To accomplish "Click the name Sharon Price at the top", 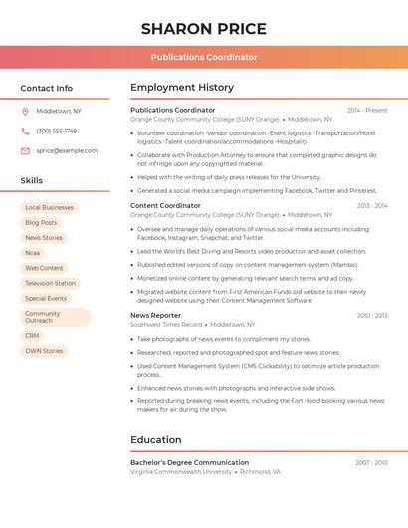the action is [x=203, y=28].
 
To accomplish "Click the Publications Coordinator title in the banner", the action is [x=203, y=57].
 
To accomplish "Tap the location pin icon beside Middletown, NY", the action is [x=25, y=111].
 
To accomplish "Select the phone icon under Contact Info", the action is [x=25, y=131].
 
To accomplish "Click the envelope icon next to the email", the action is [x=25, y=150].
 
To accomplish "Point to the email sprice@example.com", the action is [x=67, y=150].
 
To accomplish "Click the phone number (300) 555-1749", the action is [x=57, y=131].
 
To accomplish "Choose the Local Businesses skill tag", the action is [x=49, y=208].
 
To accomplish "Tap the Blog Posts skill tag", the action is [x=41, y=223].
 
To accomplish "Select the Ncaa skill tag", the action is [x=33, y=253].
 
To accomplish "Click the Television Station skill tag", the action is [x=50, y=283].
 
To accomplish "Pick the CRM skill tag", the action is [x=33, y=336].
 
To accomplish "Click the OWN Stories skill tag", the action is [x=44, y=351].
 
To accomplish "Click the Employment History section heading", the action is [x=182, y=88].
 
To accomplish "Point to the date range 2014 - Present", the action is [x=367, y=111].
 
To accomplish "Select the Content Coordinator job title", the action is [x=165, y=205].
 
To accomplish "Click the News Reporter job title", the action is [x=155, y=315].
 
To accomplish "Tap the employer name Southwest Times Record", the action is [x=166, y=325].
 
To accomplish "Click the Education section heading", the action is [x=156, y=440].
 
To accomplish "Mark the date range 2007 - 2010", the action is [x=371, y=463].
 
